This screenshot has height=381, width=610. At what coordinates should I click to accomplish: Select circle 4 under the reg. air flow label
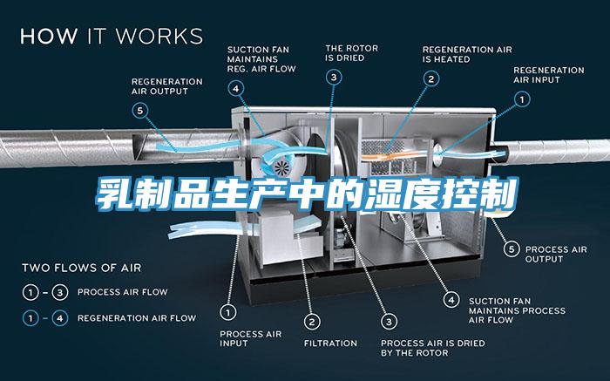pos(237,87)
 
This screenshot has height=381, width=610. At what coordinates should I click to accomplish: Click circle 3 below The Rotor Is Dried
pos(335,78)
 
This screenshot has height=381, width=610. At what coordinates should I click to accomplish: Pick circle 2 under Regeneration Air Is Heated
pos(430,78)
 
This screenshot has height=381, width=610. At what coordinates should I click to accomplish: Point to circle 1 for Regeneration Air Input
pos(521,99)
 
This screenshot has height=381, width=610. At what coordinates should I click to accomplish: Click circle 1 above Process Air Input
pos(228,310)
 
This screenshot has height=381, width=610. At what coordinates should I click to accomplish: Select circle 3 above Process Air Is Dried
pos(390,320)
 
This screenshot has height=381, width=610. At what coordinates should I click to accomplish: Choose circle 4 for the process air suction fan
pos(451,299)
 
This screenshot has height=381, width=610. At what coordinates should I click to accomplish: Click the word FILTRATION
pos(330,343)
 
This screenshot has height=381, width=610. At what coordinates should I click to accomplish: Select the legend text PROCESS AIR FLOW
pos(123,291)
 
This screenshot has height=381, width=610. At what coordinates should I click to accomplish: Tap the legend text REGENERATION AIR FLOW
pos(137,317)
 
